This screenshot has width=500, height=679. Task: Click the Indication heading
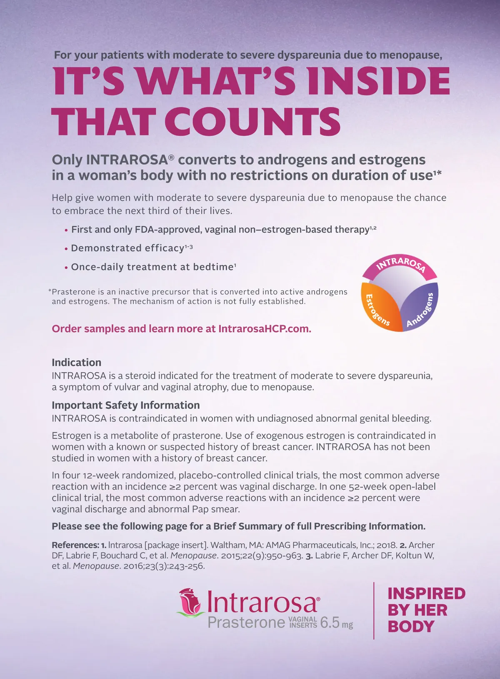(76, 363)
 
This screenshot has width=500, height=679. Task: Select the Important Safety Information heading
(125, 405)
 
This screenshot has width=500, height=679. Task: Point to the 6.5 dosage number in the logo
(330, 623)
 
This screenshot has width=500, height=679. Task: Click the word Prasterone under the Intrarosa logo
(246, 623)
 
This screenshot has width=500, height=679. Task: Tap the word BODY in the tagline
(411, 627)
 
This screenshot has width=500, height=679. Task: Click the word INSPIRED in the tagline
(426, 594)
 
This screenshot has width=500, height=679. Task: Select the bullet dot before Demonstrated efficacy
(66, 249)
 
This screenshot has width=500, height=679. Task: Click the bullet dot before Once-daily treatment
(66, 268)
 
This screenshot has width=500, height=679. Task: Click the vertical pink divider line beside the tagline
(374, 610)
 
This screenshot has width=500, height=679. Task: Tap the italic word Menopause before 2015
(194, 555)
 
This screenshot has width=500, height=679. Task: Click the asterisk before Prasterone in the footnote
(50, 291)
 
